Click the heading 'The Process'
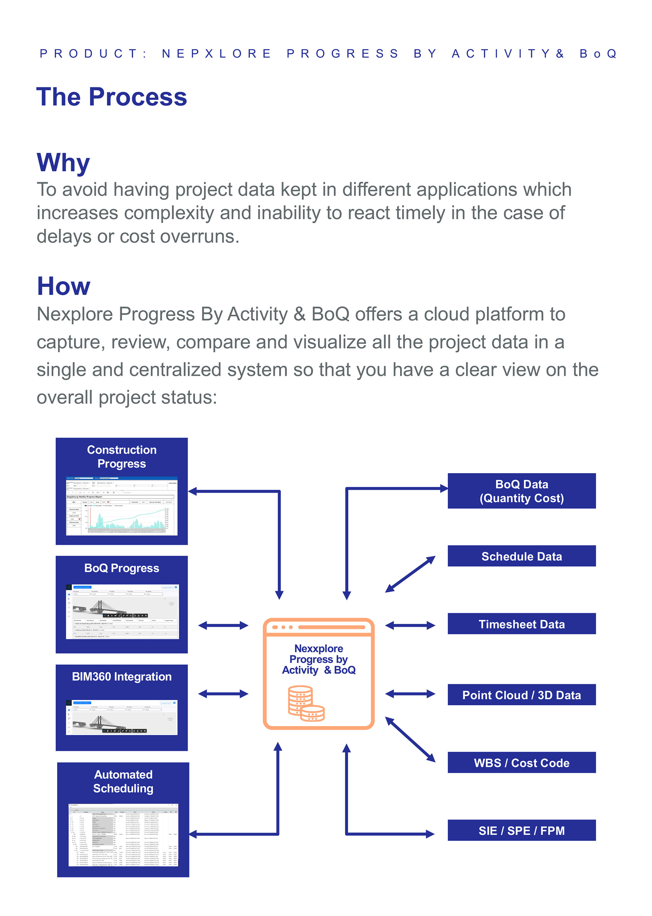pyautogui.click(x=112, y=97)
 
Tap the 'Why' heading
pyautogui.click(x=63, y=163)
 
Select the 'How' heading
pyautogui.click(x=64, y=286)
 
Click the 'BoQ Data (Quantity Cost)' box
pyautogui.click(x=521, y=490)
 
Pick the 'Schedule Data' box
pyautogui.click(x=521, y=556)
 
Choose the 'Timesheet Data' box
pyautogui.click(x=521, y=624)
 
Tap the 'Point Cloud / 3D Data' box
pyautogui.click(x=521, y=695)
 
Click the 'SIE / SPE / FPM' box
pyautogui.click(x=521, y=830)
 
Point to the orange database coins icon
pyautogui.click(x=306, y=703)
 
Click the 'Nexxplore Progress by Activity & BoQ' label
pyautogui.click(x=319, y=659)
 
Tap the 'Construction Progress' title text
pyautogui.click(x=122, y=456)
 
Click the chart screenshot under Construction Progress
pyautogui.click(x=122, y=506)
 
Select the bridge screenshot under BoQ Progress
pyautogui.click(x=122, y=611)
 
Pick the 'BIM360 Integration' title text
pyautogui.click(x=122, y=677)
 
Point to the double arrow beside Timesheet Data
pyautogui.click(x=410, y=625)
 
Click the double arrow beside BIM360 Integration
pyautogui.click(x=223, y=693)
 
